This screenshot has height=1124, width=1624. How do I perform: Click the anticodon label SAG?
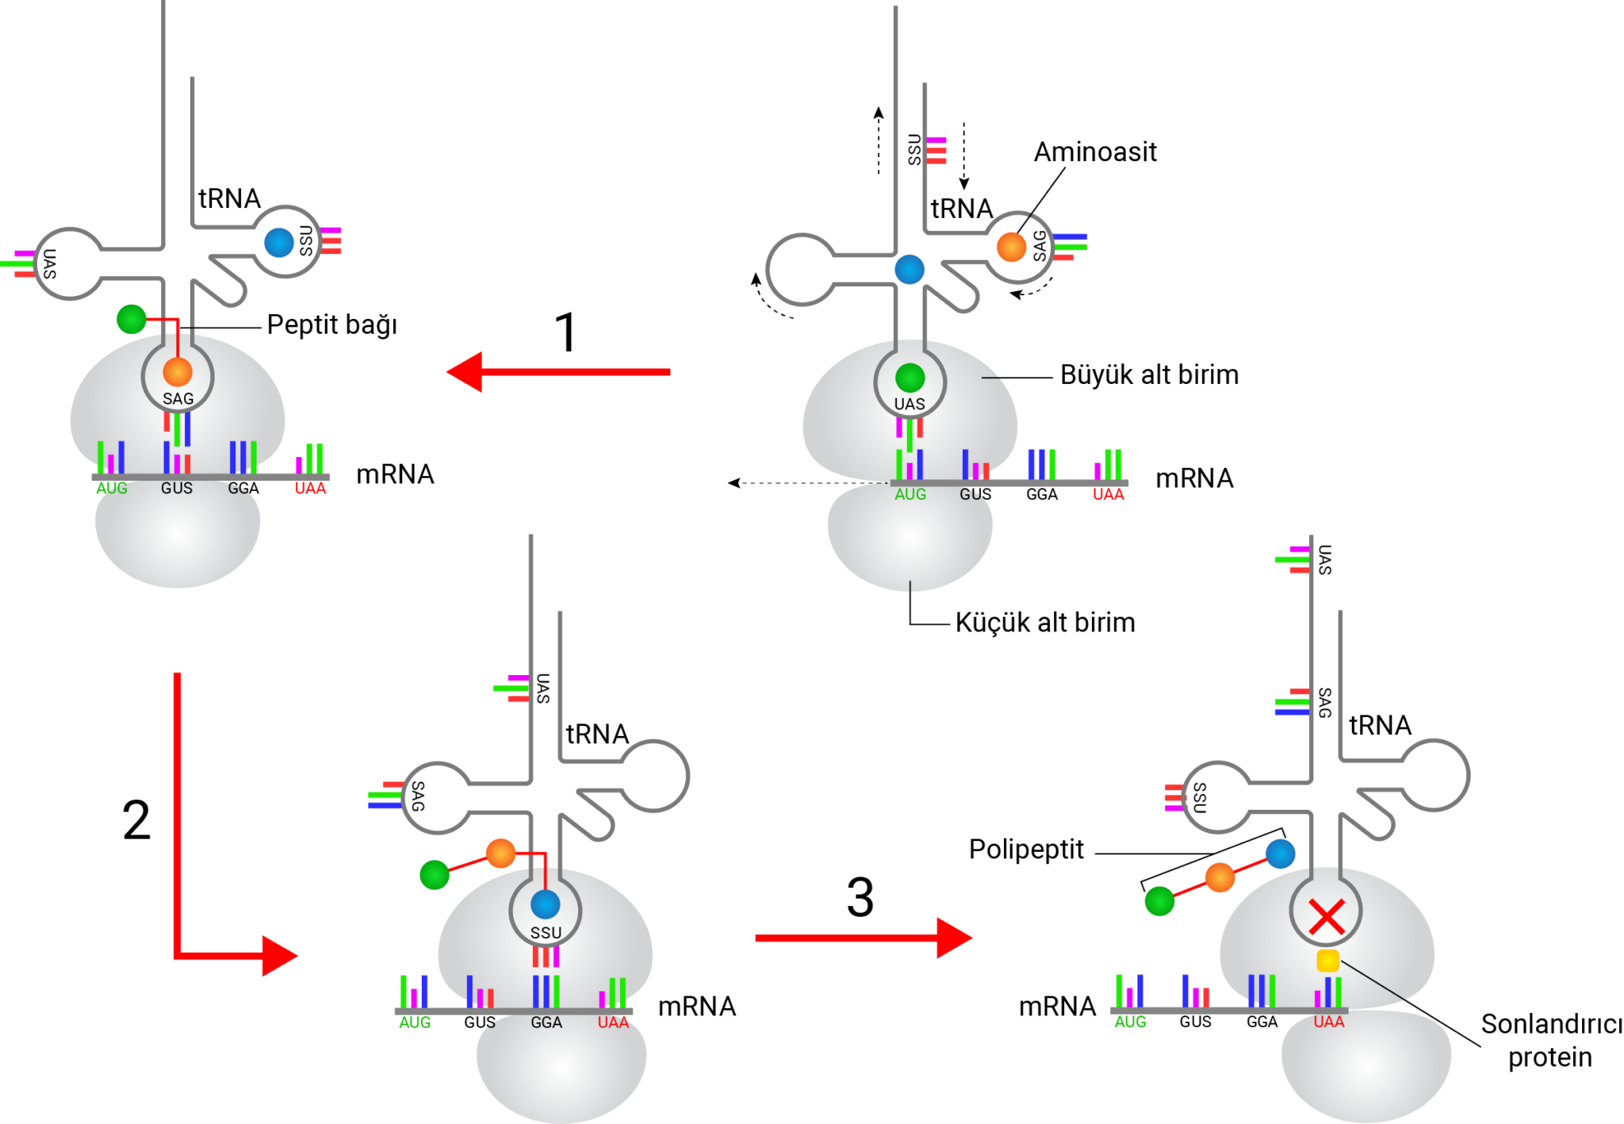click(178, 399)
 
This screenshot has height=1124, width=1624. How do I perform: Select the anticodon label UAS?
click(910, 405)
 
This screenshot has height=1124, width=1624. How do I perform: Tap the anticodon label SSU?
click(546, 933)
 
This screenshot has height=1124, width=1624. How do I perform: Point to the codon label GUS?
click(177, 489)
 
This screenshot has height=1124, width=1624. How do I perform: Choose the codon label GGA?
click(546, 1023)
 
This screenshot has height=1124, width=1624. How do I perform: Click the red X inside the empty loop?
click(1326, 917)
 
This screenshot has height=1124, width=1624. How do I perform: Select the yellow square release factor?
click(1327, 961)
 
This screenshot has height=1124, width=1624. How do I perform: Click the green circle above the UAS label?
click(910, 378)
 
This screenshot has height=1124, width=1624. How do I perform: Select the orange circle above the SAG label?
click(178, 371)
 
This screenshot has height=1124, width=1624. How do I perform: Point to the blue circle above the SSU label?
click(546, 904)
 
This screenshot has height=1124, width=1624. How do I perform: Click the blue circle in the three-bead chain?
click(1280, 854)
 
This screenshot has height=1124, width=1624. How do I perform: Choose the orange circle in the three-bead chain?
click(1220, 877)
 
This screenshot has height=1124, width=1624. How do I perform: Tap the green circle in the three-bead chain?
click(1159, 901)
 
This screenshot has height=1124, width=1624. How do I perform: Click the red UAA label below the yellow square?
click(1329, 1022)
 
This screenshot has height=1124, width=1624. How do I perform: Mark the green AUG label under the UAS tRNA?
click(910, 495)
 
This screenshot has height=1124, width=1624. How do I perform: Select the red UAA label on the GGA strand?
click(613, 1023)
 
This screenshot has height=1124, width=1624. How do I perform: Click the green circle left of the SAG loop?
click(131, 320)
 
